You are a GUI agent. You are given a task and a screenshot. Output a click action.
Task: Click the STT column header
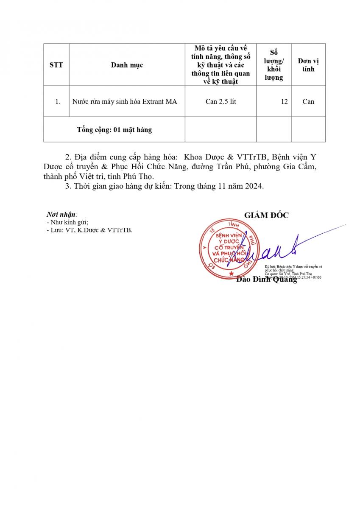tap(56, 65)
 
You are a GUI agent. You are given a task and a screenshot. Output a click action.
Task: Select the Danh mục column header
tap(127, 65)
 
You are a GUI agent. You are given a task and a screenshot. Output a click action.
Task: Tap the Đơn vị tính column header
tap(308, 65)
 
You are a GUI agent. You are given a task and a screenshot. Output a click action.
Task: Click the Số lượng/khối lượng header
tap(274, 65)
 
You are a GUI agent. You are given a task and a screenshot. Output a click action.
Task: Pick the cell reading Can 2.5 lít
tap(220, 102)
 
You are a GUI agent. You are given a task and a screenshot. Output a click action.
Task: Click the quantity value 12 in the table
tap(284, 102)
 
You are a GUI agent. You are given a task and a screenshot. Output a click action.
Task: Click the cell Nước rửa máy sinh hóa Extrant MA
tap(125, 102)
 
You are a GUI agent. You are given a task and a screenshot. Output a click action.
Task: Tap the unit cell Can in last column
tap(308, 102)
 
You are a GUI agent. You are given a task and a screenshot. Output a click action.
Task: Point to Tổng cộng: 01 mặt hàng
tap(114, 130)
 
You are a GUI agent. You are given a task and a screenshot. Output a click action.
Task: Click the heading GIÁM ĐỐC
tap(266, 215)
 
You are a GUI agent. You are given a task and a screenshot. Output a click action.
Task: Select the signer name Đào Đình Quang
tap(266, 280)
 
